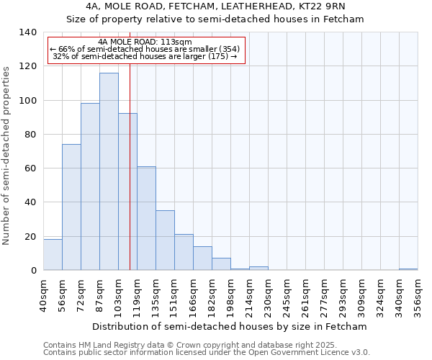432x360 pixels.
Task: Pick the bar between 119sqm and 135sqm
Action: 146,218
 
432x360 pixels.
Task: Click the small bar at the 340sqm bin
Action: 408,269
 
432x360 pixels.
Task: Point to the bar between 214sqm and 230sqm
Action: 258,268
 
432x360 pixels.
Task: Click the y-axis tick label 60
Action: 30,168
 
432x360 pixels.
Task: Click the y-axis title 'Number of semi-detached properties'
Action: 7,155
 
